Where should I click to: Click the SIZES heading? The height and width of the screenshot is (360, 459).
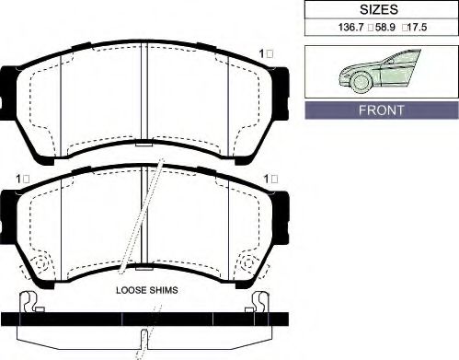(379, 9)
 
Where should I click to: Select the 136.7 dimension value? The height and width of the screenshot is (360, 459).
(350, 28)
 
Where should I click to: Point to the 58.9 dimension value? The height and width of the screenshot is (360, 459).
(386, 28)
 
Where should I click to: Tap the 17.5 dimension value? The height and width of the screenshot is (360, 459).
(418, 28)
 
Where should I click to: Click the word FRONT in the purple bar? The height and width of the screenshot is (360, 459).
(382, 110)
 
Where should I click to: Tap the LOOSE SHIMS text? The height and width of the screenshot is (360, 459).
(147, 290)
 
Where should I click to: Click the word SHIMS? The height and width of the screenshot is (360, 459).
(164, 290)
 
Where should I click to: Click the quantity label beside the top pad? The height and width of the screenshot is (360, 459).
(266, 54)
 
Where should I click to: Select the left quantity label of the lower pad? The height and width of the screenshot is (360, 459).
(22, 179)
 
